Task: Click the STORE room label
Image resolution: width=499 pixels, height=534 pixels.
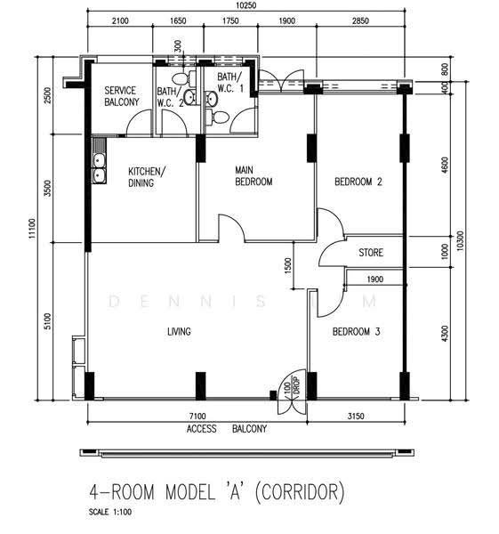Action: (371, 253)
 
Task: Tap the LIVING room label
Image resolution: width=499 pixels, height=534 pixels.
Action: (179, 331)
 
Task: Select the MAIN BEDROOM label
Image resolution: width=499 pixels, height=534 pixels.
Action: (254, 175)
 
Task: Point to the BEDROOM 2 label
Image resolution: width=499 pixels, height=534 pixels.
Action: (358, 182)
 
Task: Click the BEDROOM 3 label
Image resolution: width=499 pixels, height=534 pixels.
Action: (356, 331)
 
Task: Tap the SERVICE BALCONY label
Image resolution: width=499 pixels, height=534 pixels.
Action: (122, 96)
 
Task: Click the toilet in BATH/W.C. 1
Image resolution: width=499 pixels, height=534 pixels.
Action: (217, 117)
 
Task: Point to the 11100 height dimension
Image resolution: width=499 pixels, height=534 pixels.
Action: (32, 229)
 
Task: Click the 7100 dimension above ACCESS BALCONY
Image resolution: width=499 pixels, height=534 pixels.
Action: (197, 417)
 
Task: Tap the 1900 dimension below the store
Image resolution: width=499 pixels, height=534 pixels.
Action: (374, 279)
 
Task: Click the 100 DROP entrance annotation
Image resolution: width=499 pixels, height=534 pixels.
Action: (292, 386)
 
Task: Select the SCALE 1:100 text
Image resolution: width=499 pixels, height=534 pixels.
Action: (110, 512)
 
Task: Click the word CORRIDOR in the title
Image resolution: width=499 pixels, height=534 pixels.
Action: (300, 492)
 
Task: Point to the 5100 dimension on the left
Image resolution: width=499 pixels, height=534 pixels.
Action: (48, 320)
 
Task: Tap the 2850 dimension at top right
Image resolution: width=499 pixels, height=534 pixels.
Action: (360, 20)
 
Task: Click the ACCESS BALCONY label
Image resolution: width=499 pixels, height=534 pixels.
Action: (227, 429)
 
